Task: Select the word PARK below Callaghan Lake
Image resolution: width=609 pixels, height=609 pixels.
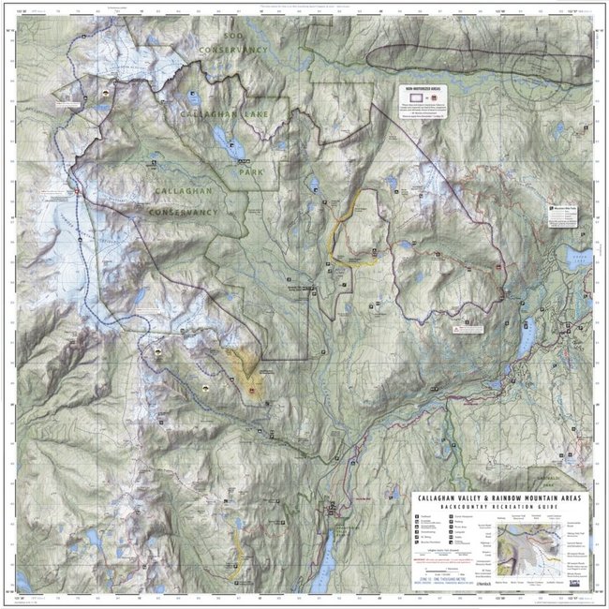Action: (x=248, y=173)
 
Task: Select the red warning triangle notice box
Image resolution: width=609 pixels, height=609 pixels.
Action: (x=464, y=331)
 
